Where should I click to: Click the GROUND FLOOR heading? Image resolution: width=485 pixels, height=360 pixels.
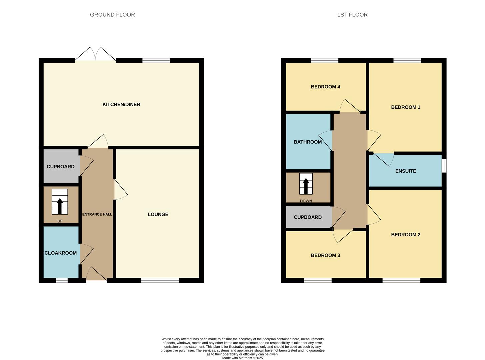112,15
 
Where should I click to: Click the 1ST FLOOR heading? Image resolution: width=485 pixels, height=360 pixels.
352,15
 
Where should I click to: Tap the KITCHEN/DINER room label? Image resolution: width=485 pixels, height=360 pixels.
121,105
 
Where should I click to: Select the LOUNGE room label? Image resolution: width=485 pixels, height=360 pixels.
158,214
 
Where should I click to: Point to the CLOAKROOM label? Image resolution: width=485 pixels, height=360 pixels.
61,253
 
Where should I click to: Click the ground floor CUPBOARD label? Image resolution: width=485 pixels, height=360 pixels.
60,167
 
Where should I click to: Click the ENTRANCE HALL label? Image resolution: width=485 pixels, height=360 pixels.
97,214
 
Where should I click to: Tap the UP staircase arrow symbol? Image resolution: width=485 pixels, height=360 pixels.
60,206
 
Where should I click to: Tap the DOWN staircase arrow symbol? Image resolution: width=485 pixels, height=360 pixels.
306,186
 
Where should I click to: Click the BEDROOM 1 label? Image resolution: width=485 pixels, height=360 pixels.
405,107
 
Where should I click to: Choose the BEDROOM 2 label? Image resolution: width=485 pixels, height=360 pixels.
405,235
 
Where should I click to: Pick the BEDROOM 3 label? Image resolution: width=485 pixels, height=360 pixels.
325,255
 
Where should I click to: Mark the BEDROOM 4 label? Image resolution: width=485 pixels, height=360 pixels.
325,87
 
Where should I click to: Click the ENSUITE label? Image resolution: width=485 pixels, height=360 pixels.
405,171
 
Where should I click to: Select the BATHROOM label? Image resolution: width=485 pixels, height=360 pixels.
307,142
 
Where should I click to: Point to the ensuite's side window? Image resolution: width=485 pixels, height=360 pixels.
444,166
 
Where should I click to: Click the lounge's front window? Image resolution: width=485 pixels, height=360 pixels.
160,280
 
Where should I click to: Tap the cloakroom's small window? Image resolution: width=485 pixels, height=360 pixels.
62,280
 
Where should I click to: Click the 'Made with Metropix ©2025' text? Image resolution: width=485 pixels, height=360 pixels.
242,358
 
